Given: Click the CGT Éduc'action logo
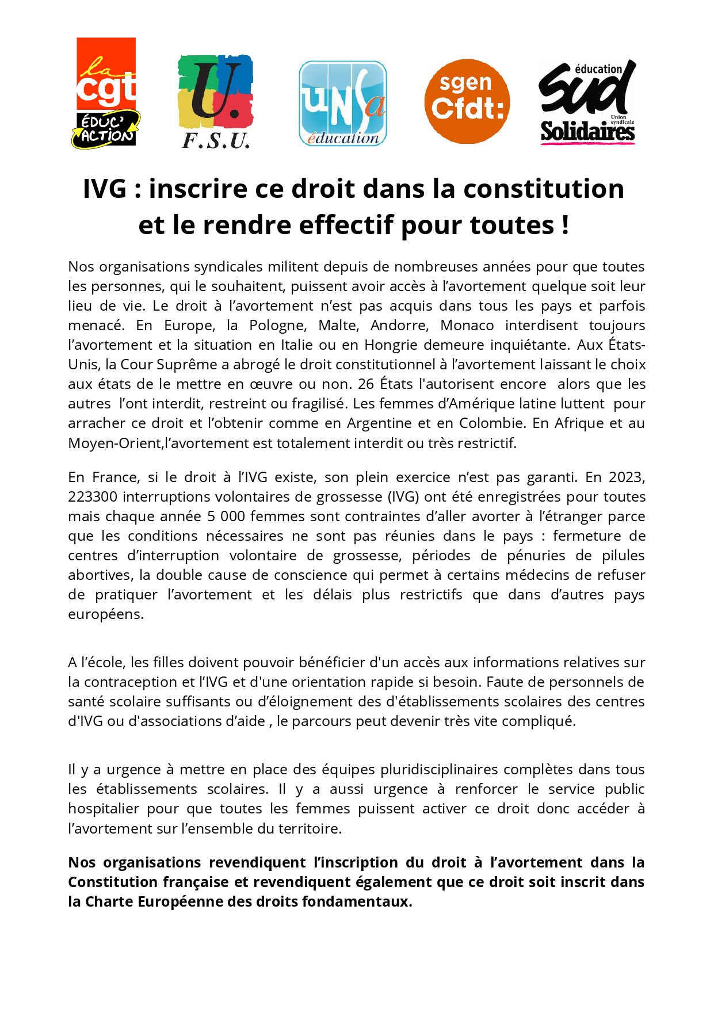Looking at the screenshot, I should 106,93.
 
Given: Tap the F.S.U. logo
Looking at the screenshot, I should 216,102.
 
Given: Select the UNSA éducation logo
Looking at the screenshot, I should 342,104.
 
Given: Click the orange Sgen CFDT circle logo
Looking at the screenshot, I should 467,101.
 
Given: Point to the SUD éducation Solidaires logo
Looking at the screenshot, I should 587,102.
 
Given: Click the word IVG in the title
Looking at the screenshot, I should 104,189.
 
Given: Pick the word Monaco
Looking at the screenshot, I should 467,325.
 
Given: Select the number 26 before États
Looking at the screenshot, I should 366,384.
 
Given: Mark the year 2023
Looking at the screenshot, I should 627,477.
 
